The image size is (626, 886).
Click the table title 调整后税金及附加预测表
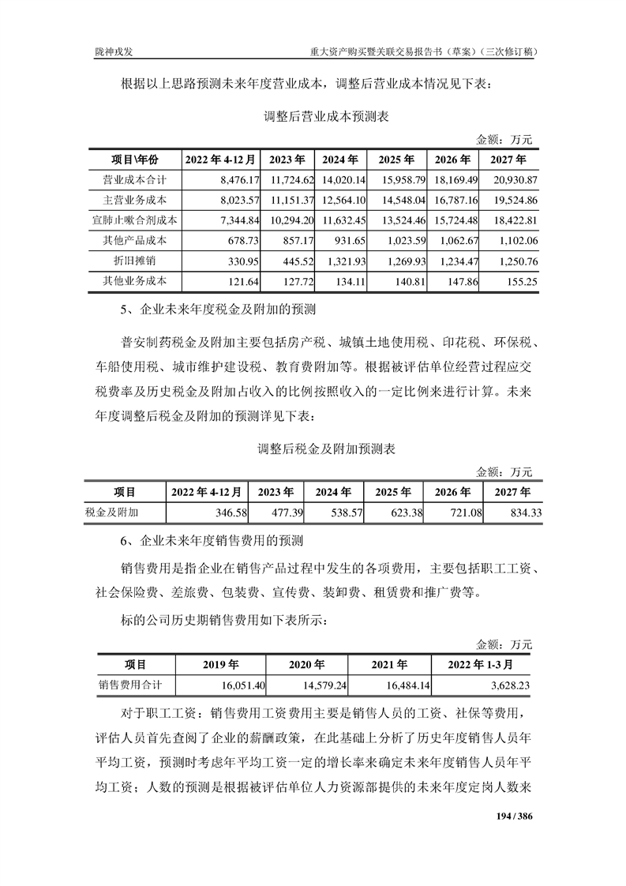pyautogui.click(x=326, y=449)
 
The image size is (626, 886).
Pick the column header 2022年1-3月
pyautogui.click(x=483, y=664)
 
